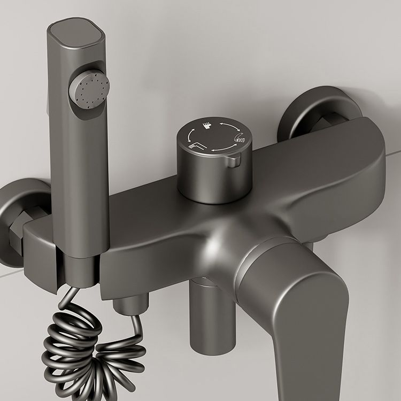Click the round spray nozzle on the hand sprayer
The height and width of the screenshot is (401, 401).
tap(89, 89)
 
